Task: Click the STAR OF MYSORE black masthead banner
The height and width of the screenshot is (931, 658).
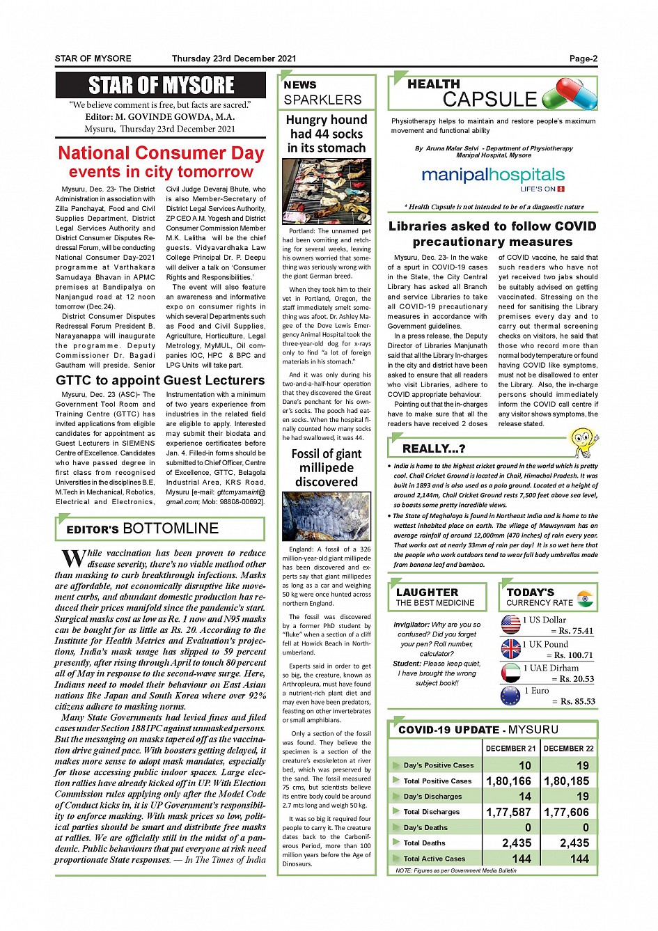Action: pyautogui.click(x=161, y=85)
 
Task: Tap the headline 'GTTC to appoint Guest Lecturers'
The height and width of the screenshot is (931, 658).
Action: pyautogui.click(x=160, y=380)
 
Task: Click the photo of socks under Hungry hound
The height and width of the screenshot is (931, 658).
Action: pyautogui.click(x=326, y=190)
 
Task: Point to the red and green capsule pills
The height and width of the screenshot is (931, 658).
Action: pyautogui.click(x=569, y=94)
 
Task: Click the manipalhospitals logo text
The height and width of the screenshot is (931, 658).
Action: pyautogui.click(x=493, y=175)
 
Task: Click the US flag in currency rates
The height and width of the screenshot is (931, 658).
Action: pyautogui.click(x=511, y=624)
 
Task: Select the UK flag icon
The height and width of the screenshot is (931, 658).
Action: pyautogui.click(x=511, y=648)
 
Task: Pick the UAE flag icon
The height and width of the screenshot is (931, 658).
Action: pyautogui.click(x=511, y=672)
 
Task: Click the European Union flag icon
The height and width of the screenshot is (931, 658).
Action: pyautogui.click(x=510, y=696)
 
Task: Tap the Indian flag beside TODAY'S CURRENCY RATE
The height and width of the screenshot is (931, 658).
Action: pyautogui.click(x=585, y=598)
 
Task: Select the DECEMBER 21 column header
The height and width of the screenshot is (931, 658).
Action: pyautogui.click(x=510, y=749)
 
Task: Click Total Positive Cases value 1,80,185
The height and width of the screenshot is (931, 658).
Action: pyautogui.click(x=567, y=781)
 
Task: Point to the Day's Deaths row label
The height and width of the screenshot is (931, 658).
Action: pyautogui.click(x=425, y=827)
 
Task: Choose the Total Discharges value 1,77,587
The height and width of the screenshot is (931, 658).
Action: pyautogui.click(x=509, y=812)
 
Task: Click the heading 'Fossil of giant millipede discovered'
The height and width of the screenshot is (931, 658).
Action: pyautogui.click(x=326, y=467)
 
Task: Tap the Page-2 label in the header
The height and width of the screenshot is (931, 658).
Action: pyautogui.click(x=583, y=58)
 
